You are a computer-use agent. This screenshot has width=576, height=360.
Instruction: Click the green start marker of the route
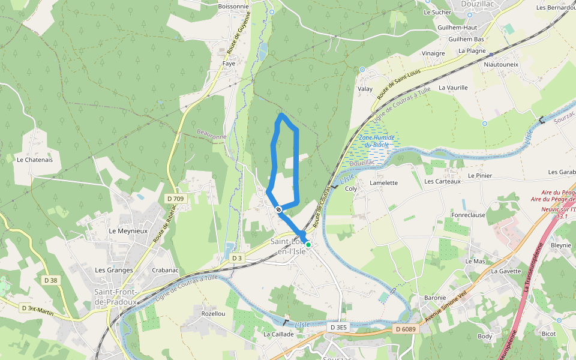click(308, 245)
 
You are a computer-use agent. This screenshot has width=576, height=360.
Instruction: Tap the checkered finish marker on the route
click(278, 209)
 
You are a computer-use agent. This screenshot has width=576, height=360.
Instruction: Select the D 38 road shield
click(51, 280)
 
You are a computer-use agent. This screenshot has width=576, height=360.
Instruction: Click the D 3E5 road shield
click(338, 327)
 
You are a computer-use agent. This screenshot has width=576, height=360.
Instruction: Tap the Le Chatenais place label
click(35, 160)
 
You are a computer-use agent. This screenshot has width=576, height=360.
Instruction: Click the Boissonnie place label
click(234, 7)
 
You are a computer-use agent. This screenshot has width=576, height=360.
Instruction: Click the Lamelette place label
click(384, 183)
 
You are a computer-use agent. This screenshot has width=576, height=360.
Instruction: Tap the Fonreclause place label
click(468, 215)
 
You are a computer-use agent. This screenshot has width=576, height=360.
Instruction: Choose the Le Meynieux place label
click(128, 230)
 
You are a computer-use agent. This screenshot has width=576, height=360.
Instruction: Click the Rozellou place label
click(214, 313)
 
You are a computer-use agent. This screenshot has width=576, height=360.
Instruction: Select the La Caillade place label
click(278, 334)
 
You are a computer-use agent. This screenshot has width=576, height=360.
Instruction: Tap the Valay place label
click(365, 89)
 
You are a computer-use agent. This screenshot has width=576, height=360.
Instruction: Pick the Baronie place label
click(435, 298)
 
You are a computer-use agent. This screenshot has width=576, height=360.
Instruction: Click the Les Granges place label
click(114, 270)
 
